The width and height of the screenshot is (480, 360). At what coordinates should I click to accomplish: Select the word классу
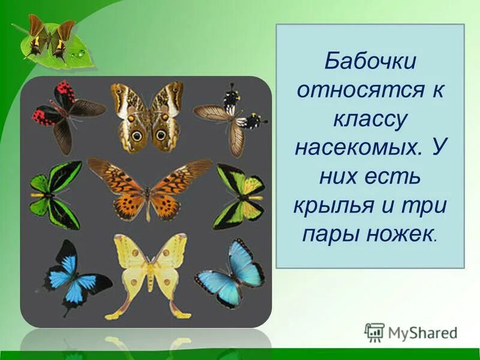(x=370, y=119)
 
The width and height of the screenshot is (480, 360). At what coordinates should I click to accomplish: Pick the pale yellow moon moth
(x=149, y=273)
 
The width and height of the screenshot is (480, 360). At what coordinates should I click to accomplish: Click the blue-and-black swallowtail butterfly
(x=73, y=276)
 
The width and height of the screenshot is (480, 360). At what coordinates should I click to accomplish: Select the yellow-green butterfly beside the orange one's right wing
(x=241, y=195)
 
